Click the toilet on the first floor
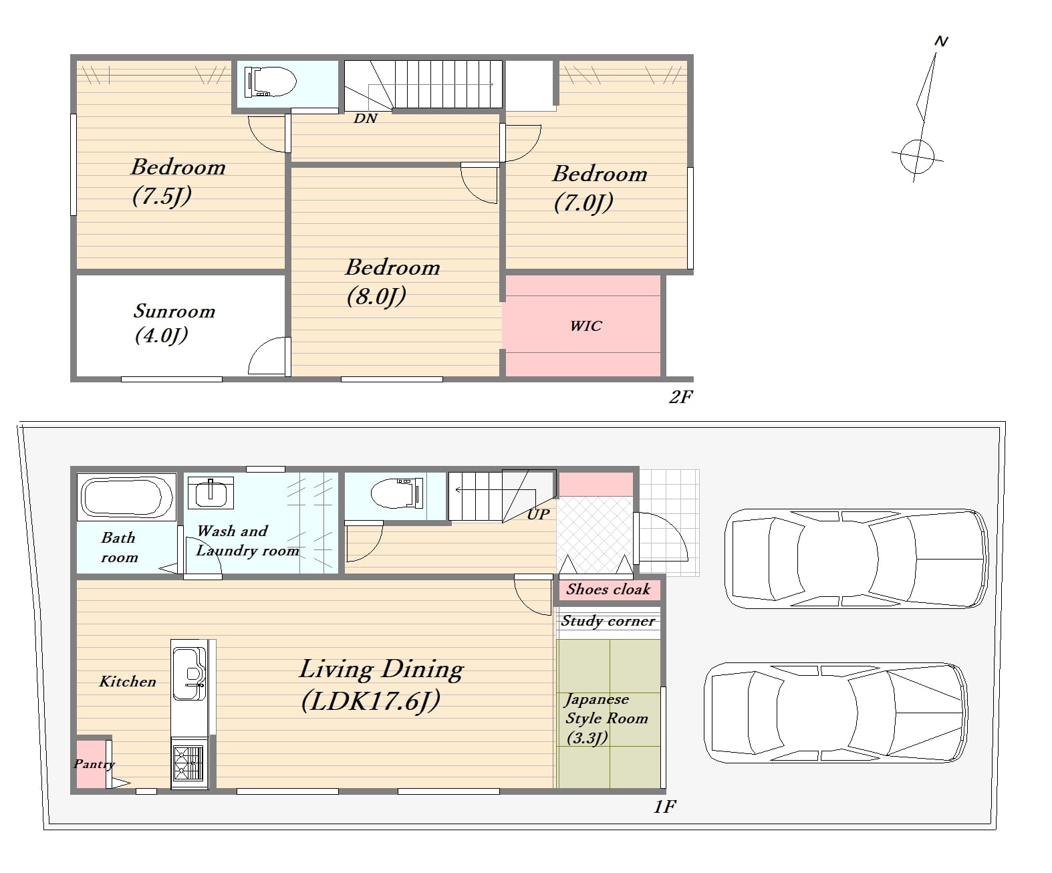396,493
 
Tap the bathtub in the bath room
126,497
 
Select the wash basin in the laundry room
211,493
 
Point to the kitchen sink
189,673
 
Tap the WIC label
586,326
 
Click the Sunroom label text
174,311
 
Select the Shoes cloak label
608,589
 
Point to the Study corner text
608,621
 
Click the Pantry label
94,764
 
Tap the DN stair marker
366,118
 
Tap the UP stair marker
538,515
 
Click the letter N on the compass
941,41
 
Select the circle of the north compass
917,156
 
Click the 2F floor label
681,397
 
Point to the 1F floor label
664,807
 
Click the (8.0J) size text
376,296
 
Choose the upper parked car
856,558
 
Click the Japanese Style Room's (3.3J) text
587,738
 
